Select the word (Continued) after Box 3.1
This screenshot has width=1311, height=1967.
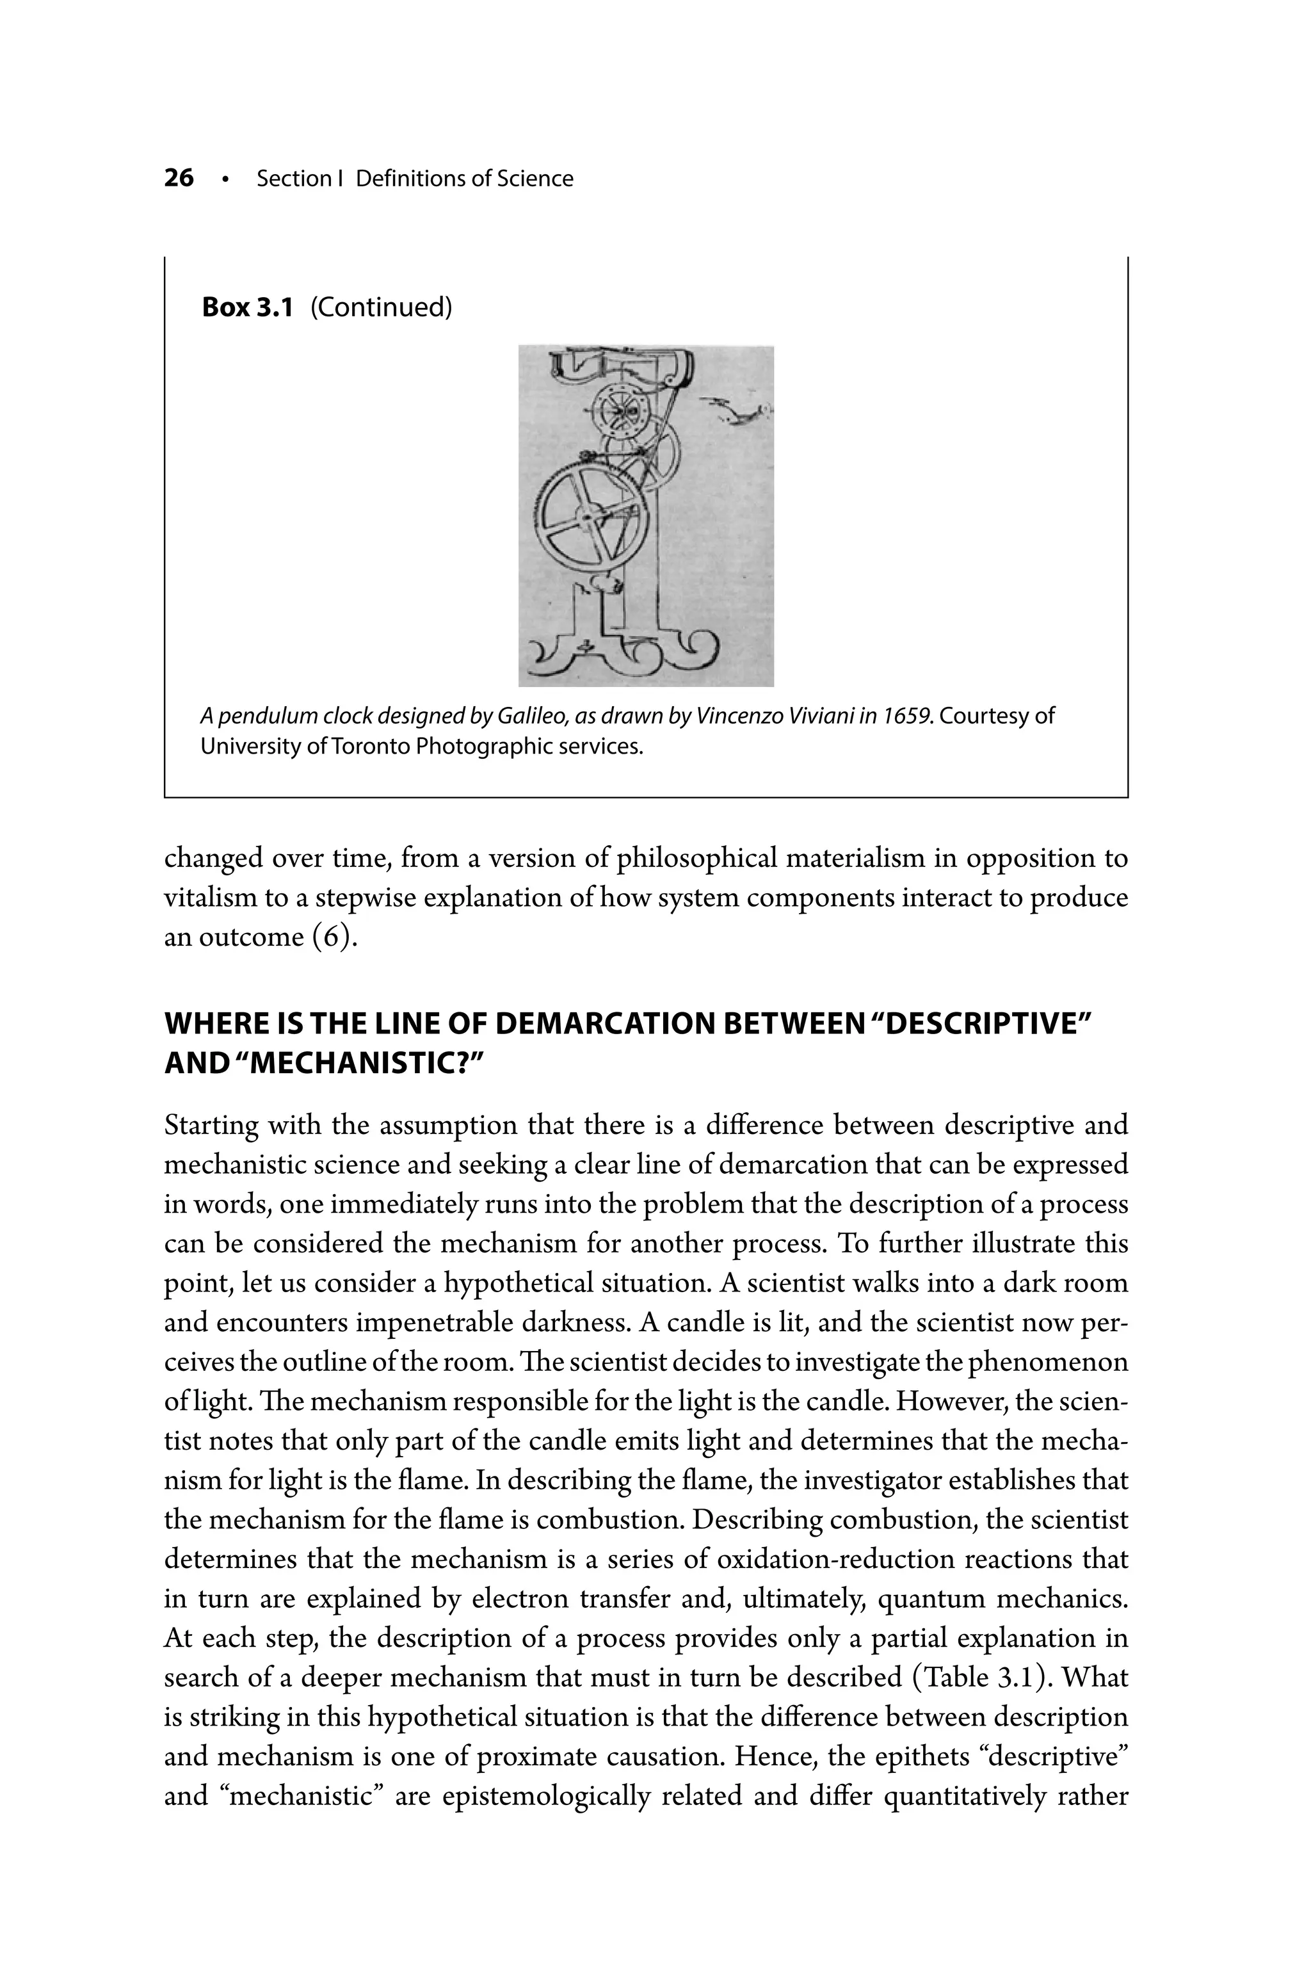point(382,308)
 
